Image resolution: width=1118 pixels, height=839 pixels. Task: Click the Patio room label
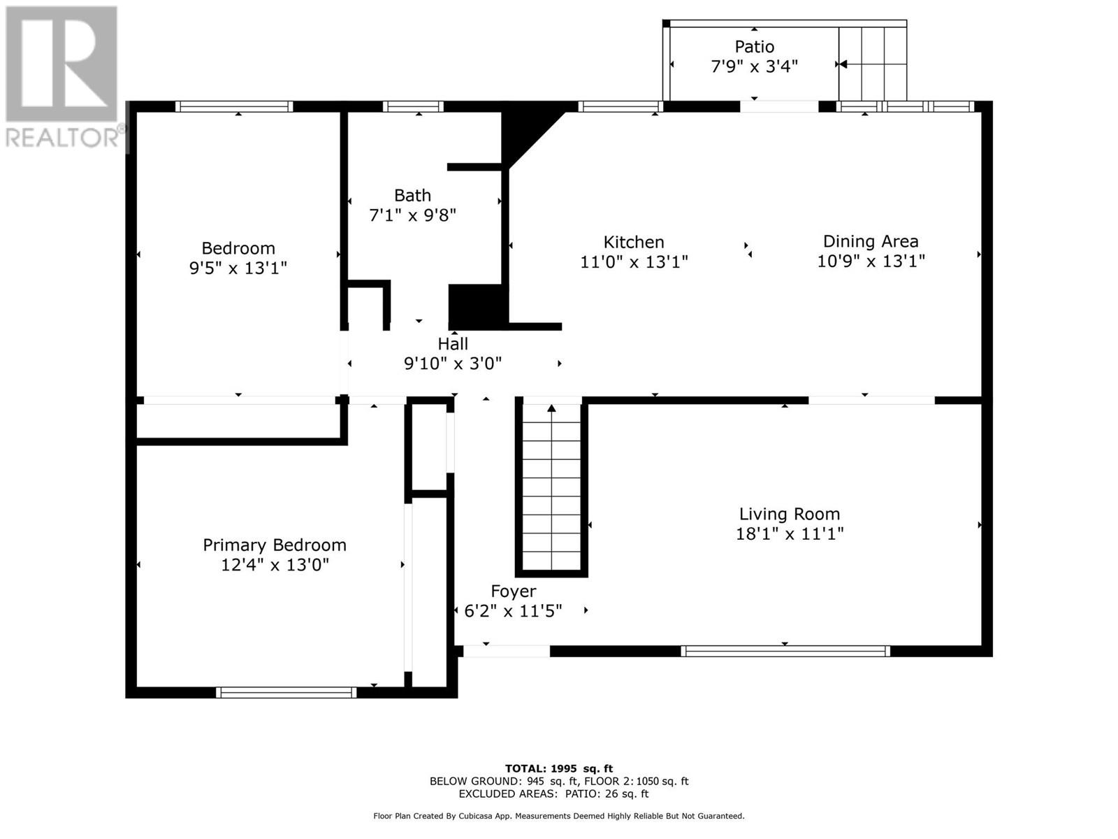755,47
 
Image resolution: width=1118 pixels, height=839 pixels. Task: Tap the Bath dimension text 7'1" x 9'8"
412,215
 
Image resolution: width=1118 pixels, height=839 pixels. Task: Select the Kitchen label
634,242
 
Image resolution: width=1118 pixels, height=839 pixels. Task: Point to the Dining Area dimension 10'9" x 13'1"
871,261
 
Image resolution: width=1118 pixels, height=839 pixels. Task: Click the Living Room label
790,514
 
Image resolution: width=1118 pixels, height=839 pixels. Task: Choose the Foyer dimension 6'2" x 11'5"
513,611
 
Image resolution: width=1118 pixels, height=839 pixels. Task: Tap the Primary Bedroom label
275,545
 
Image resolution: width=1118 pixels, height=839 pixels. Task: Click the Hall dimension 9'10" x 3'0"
453,364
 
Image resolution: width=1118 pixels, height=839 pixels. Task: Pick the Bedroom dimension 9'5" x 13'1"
238,268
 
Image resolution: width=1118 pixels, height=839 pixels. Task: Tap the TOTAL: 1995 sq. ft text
559,768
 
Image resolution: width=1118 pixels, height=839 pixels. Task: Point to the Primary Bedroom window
286,692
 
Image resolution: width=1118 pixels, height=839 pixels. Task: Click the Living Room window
785,651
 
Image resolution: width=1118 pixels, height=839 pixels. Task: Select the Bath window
413,106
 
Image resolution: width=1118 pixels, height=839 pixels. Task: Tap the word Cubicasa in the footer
473,815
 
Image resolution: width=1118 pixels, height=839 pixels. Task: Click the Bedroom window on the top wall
234,106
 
